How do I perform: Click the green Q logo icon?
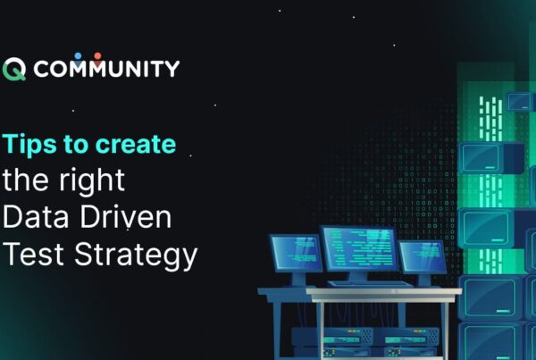(x=14, y=70)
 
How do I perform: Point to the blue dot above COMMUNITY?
(x=79, y=55)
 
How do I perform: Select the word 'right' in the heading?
(x=93, y=181)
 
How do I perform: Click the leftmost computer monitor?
(x=296, y=255)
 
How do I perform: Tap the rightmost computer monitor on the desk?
(x=422, y=257)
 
